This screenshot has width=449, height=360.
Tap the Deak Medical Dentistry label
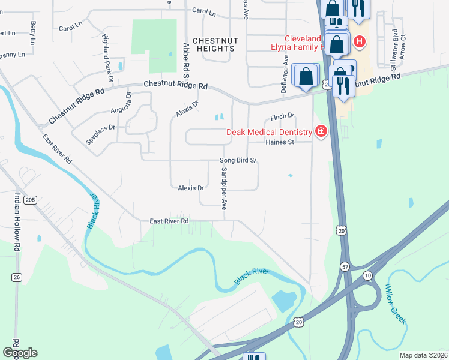[269, 132]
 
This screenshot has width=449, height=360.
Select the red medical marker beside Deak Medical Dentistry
[321, 131]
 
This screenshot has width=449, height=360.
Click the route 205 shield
[32, 200]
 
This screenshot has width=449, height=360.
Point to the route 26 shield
[17, 277]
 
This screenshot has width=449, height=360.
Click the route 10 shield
[367, 274]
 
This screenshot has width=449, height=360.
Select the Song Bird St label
[238, 161]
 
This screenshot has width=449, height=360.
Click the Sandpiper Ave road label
[223, 187]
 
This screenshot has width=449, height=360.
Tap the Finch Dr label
[282, 116]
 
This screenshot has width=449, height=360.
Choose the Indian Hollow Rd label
[17, 221]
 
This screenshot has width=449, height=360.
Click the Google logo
[20, 353]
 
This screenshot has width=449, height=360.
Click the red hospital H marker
[359, 41]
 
